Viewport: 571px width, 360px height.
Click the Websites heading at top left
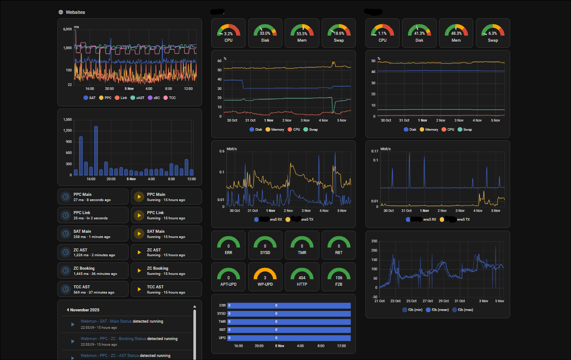(75, 12)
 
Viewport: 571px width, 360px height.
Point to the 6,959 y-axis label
(67, 30)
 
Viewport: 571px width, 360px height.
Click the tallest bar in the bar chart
(96, 151)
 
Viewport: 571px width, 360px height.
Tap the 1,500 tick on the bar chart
(67, 119)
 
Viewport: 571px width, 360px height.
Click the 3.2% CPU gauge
(228, 33)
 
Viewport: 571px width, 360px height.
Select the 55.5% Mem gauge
(302, 33)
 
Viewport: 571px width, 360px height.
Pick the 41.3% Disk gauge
(419, 33)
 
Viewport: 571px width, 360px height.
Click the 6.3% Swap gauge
(492, 33)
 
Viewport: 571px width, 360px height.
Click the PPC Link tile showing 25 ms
(93, 215)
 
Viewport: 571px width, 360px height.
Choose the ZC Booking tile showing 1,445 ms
(93, 271)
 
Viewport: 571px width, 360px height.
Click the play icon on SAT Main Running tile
(139, 234)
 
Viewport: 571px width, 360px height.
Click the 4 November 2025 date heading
(83, 310)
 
